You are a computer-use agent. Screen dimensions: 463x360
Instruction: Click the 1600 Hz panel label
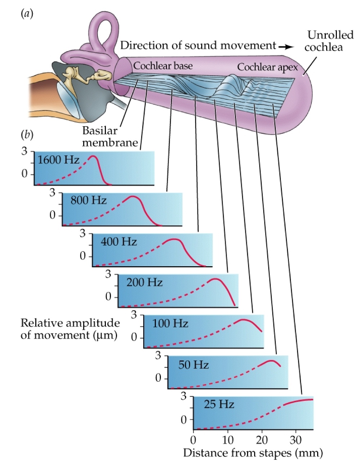click(x=58, y=159)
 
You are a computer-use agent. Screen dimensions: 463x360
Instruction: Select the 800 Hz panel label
click(x=89, y=200)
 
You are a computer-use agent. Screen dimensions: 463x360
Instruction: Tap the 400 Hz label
click(x=119, y=241)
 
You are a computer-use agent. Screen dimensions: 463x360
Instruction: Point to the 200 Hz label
click(x=144, y=282)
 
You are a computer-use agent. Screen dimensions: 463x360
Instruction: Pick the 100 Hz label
click(x=170, y=323)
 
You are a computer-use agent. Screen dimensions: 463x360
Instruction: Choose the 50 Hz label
click(x=194, y=365)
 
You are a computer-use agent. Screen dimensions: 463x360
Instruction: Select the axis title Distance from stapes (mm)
click(x=253, y=452)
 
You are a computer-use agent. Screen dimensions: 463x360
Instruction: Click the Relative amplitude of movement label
click(x=70, y=329)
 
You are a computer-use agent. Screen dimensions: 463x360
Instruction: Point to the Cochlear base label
click(x=163, y=66)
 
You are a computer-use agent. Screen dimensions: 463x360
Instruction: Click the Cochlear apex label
click(x=267, y=67)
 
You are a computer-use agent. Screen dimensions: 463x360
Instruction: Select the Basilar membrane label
click(x=110, y=136)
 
